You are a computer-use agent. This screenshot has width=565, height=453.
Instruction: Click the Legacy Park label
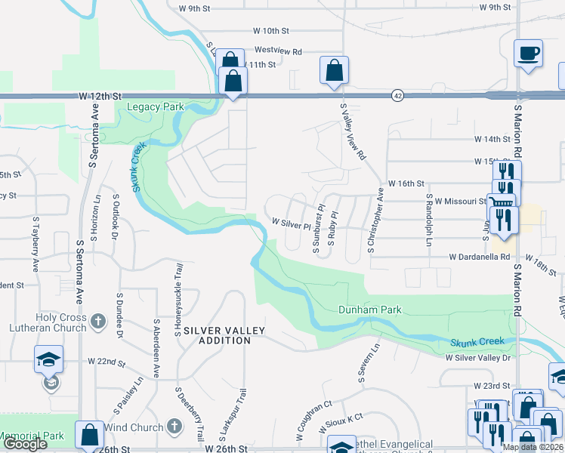click(156, 107)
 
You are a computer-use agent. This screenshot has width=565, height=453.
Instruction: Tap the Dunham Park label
click(369, 310)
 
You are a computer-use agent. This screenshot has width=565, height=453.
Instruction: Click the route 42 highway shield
click(397, 95)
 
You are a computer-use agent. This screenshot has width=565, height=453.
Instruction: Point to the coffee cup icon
click(528, 54)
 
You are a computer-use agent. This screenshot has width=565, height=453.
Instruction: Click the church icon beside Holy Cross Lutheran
click(97, 323)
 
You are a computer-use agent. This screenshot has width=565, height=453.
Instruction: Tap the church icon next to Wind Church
click(173, 427)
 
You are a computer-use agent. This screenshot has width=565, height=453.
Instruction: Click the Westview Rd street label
click(278, 51)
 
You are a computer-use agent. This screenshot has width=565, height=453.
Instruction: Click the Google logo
click(26, 444)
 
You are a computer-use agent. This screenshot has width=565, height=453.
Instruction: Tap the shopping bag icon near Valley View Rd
click(333, 71)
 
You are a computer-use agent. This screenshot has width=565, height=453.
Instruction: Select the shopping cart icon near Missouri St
click(501, 203)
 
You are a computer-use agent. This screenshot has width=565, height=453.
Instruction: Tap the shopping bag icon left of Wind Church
click(89, 435)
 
